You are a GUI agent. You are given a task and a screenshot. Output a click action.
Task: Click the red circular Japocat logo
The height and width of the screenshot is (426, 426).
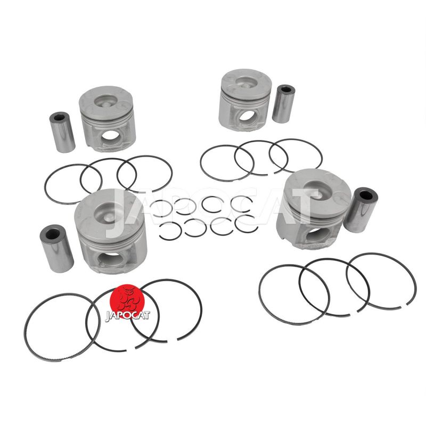click(128, 301)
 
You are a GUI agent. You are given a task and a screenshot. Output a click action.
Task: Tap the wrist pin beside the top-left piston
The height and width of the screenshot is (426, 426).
click(62, 132)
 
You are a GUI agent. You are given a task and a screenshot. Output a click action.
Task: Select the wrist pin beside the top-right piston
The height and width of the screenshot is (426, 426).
click(283, 104)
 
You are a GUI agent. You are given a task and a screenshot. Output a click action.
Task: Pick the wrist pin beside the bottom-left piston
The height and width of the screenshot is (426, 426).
click(56, 248)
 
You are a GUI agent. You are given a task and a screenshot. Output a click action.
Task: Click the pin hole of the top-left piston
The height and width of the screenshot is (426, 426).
click(110, 135)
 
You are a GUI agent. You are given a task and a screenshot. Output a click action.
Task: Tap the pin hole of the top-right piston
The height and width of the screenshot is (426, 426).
click(247, 116)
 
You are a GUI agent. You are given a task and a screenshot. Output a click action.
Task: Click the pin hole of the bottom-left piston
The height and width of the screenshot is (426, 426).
click(111, 258)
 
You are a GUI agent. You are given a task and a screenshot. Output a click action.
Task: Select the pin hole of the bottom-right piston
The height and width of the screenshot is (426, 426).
click(316, 235)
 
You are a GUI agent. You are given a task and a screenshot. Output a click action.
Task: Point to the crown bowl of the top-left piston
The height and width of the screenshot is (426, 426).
click(106, 101)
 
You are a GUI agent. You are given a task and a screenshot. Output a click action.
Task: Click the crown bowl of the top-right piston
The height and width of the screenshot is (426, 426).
click(246, 82)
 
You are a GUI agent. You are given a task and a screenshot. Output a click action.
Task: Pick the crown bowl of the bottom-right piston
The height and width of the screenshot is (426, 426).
click(318, 189)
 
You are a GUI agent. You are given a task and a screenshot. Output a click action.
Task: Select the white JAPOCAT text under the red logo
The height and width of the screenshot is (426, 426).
click(127, 316)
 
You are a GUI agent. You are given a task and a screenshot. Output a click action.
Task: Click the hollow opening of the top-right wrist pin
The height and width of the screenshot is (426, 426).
click(286, 89)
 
